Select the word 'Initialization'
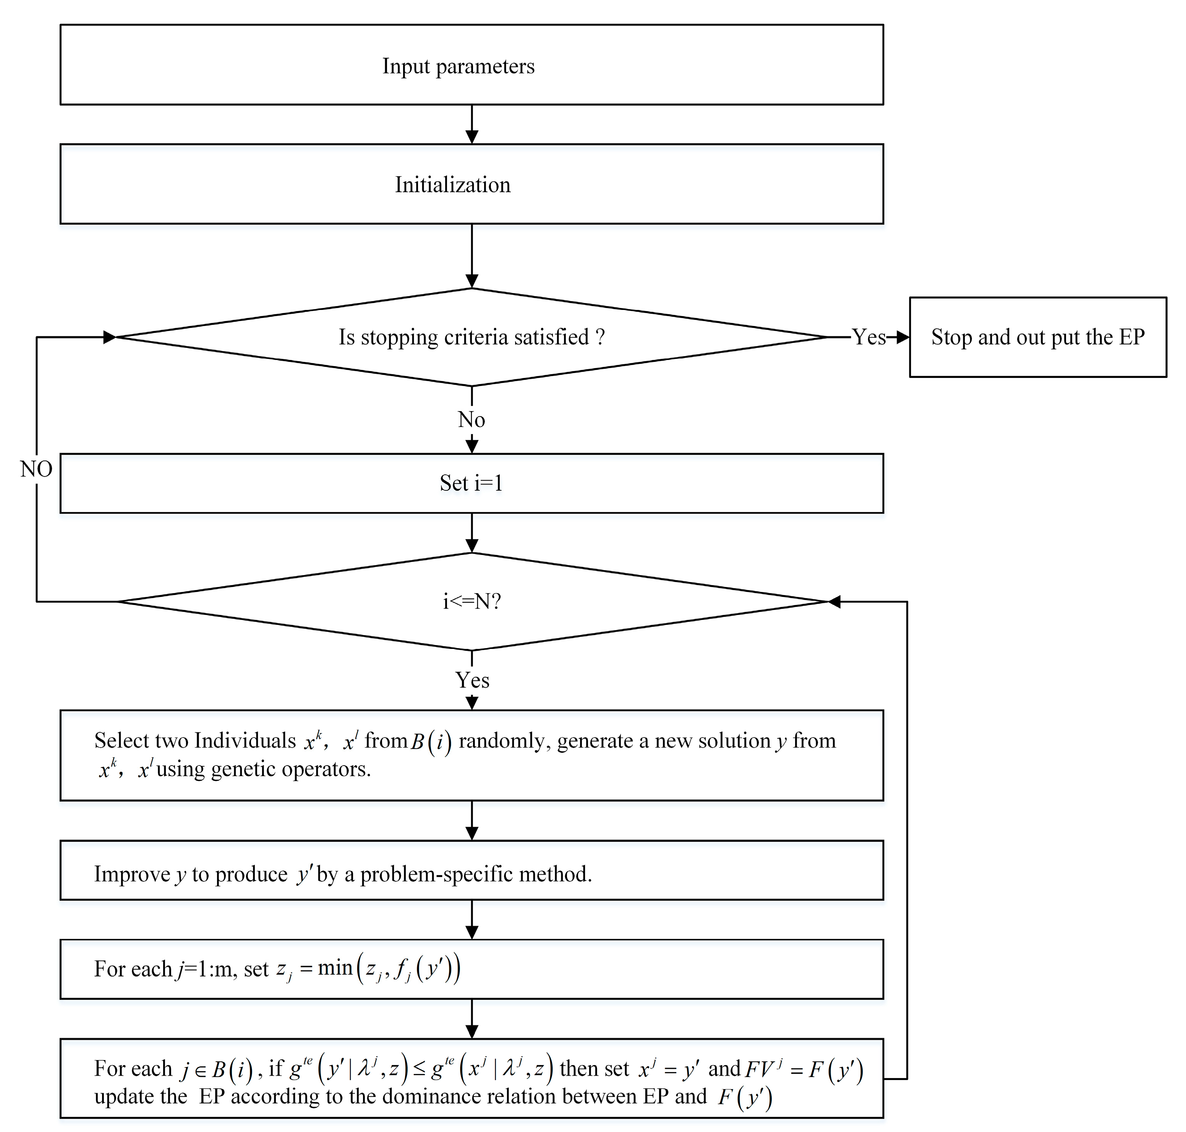[452, 185]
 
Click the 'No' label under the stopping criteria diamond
[471, 419]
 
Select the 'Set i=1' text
[471, 483]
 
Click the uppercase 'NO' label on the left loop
[36, 469]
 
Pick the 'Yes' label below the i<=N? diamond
[472, 680]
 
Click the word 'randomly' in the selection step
[503, 740]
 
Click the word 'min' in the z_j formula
[335, 968]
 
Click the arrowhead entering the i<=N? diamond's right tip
[834, 602]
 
